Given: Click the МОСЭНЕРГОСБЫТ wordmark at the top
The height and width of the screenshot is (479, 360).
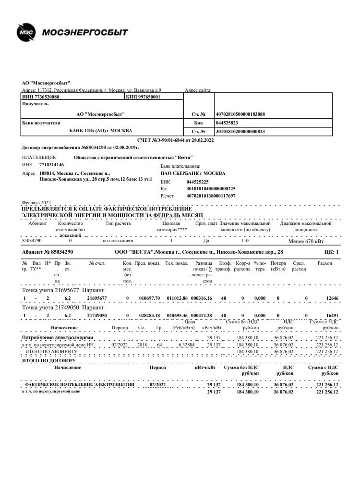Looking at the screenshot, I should (85, 33).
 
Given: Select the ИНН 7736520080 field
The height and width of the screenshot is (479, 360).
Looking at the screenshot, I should (41, 97).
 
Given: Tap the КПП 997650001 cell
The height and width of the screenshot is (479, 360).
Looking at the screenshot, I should (143, 97).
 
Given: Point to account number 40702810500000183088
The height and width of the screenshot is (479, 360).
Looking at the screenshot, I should (241, 114).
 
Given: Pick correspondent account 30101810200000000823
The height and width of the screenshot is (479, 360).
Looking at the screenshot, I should (241, 131).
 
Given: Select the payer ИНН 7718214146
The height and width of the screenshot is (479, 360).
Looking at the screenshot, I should (51, 164).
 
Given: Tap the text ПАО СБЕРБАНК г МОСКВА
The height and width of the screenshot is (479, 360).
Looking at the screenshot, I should (192, 173).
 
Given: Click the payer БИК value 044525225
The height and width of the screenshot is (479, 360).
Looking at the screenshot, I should (197, 182).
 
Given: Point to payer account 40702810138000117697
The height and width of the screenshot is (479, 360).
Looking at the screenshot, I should (211, 196).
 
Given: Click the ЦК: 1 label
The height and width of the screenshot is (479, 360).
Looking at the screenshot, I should (331, 252).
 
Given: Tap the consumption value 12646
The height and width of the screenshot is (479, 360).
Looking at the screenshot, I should (332, 298).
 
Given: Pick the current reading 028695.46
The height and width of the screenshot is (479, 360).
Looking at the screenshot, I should (176, 315).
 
